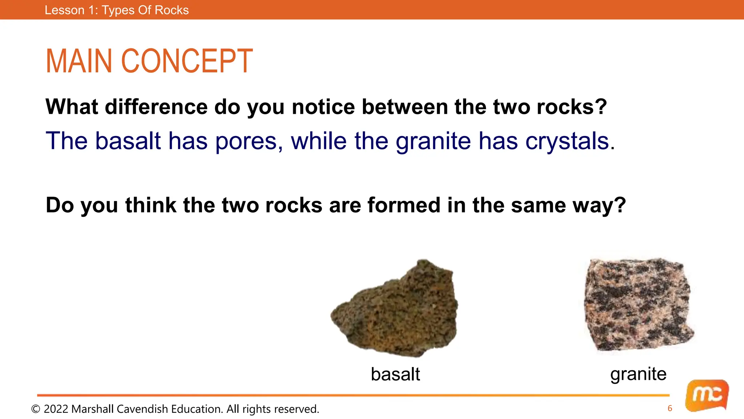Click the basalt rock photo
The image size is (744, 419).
396,309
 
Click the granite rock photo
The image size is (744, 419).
638,305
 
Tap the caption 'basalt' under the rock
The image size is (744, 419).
395,374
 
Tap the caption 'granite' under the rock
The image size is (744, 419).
638,374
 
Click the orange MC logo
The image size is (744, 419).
707,396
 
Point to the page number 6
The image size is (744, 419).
670,408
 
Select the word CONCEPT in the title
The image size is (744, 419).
187,61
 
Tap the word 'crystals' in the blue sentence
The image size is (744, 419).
567,141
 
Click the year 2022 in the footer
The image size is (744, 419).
56,409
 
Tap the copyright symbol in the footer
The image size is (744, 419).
36,409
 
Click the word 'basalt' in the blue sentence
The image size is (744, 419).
128,141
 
